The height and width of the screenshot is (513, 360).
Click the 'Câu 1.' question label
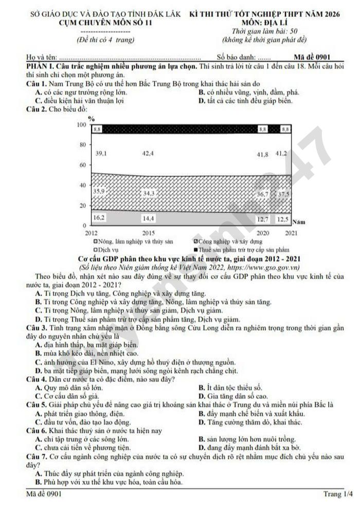37,84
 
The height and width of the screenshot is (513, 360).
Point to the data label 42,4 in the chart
149,153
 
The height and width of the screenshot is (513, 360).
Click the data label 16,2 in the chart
99,217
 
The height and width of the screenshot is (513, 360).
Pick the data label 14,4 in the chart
149,218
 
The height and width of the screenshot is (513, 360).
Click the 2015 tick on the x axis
149,233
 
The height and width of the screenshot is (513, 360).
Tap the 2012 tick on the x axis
91,233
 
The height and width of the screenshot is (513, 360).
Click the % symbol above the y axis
92,118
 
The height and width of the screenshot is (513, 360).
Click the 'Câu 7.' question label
37,456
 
